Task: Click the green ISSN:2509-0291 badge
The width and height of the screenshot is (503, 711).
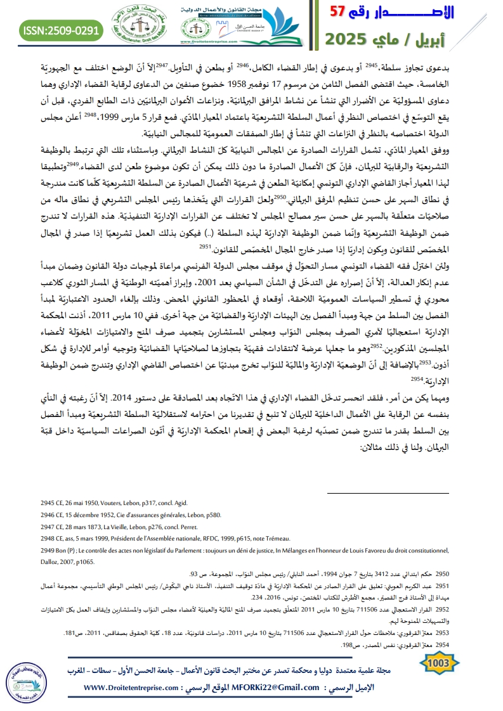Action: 53,30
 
